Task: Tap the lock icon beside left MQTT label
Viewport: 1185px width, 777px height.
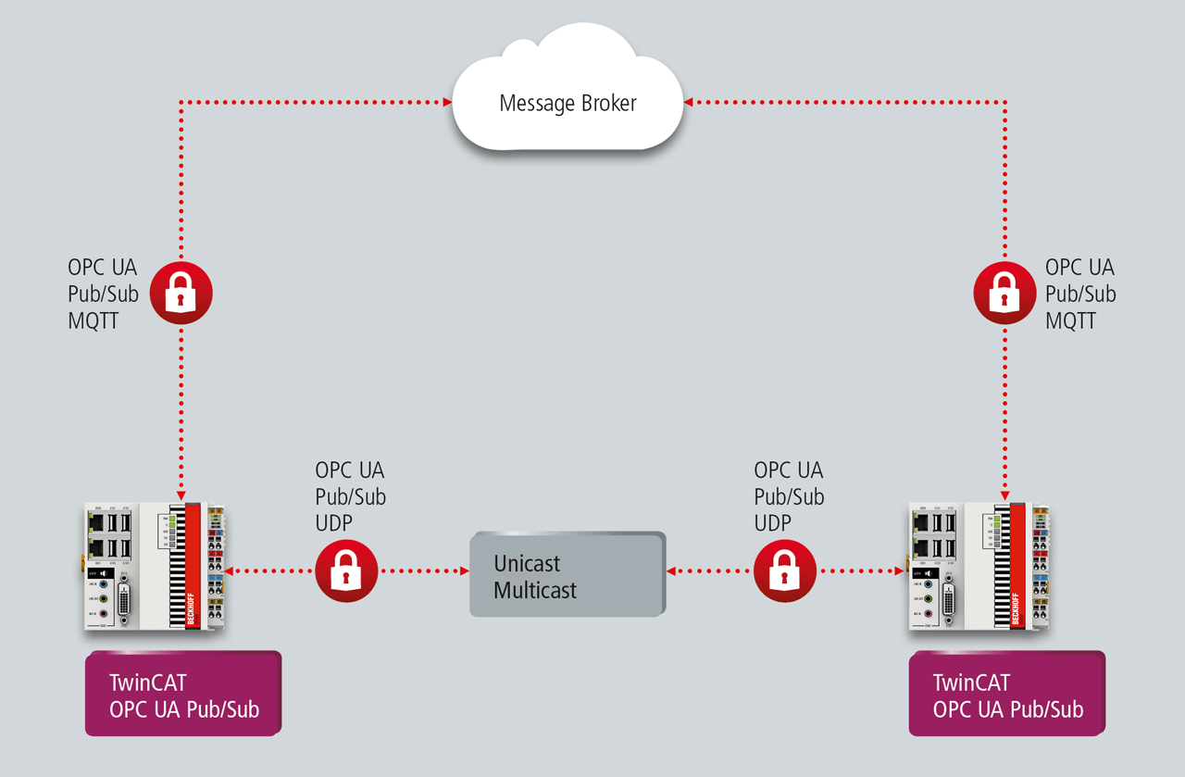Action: pos(181,293)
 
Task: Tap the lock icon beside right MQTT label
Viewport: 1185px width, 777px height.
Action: pos(1004,293)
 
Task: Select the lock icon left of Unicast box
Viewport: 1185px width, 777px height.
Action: pos(346,571)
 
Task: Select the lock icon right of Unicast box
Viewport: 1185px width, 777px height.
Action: pos(785,571)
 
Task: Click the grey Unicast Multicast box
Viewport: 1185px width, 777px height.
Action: pos(568,575)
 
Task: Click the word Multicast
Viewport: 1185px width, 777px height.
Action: pos(535,590)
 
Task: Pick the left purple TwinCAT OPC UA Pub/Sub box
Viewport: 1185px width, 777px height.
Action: pos(182,695)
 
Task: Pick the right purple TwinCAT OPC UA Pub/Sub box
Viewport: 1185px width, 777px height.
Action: pos(1006,695)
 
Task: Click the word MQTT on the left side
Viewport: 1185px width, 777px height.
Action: pos(94,320)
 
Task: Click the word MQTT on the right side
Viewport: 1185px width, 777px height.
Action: pos(1071,320)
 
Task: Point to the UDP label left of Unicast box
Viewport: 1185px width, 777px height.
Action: pos(333,523)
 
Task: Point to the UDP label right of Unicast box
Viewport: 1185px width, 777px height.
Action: pos(772,523)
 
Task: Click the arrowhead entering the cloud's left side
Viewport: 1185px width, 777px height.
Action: pos(445,101)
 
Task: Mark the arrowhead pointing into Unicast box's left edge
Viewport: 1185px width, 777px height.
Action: pos(465,571)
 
